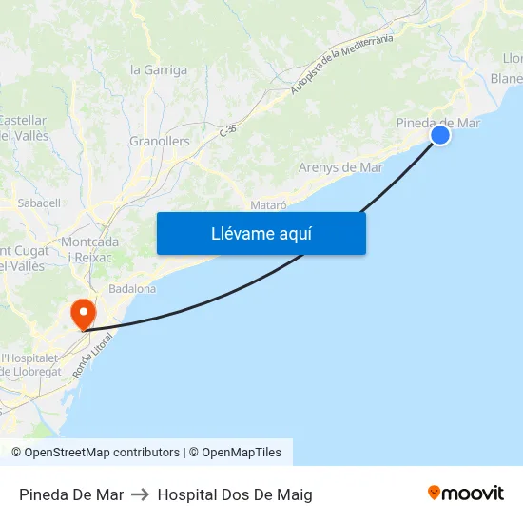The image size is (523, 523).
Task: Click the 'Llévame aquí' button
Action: point(261,233)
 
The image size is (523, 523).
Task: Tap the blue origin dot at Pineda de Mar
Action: point(440,136)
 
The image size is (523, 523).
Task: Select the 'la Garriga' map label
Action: point(159,69)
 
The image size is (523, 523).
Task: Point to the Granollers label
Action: point(160,142)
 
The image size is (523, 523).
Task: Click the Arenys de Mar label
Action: point(340,167)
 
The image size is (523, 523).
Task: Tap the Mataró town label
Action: point(268,205)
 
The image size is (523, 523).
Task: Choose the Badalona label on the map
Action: point(132,288)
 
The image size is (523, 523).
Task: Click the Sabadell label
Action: point(39,203)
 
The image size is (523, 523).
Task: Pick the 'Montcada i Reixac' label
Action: point(90,250)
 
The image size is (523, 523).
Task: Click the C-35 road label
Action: point(227,128)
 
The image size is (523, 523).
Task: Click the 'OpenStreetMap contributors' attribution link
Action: point(102,453)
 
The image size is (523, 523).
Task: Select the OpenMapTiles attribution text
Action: point(242,453)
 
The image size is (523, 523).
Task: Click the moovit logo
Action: point(466,493)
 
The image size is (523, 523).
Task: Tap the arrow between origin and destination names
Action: point(141,494)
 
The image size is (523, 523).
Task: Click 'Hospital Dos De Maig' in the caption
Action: point(235,494)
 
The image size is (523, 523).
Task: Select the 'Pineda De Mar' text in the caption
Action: point(71,494)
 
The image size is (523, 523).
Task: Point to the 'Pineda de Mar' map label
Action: point(437,123)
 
